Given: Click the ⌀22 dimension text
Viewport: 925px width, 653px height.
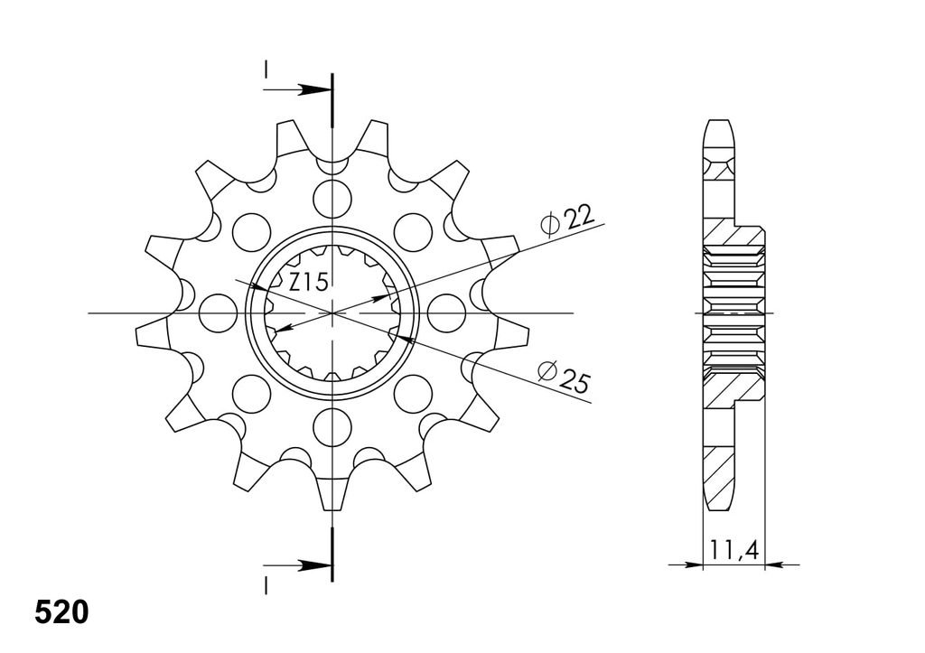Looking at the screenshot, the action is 566,220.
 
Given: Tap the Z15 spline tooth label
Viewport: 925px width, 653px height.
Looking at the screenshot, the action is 308,283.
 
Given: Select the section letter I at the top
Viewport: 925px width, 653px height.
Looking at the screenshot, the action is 266,70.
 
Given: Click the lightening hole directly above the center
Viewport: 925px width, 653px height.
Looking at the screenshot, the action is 332,198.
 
